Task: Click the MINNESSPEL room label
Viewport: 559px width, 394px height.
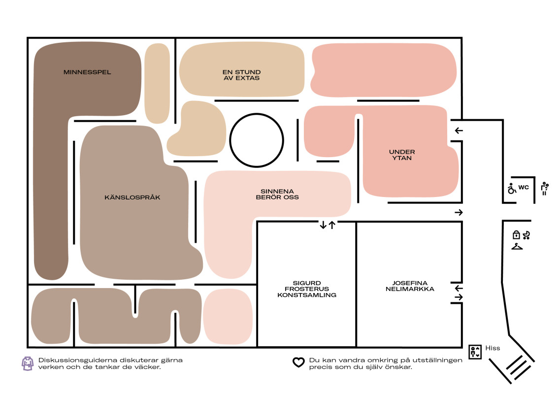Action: pyautogui.click(x=87, y=72)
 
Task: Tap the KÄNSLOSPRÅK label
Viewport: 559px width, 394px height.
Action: pyautogui.click(x=132, y=197)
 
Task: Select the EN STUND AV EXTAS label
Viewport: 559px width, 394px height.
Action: pyautogui.click(x=242, y=75)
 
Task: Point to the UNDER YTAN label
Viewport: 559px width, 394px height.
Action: pyautogui.click(x=402, y=155)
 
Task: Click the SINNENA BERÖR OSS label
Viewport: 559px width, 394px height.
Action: pyautogui.click(x=277, y=194)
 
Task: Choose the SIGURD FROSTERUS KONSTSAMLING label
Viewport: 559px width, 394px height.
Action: pyautogui.click(x=307, y=289)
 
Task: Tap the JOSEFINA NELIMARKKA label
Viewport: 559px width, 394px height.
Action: pyautogui.click(x=410, y=286)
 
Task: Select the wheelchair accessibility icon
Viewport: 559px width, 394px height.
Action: pyautogui.click(x=512, y=188)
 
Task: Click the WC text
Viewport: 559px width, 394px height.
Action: pyautogui.click(x=524, y=187)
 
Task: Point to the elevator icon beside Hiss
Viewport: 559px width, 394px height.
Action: pyautogui.click(x=475, y=352)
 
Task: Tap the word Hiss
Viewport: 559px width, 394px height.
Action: pyautogui.click(x=493, y=348)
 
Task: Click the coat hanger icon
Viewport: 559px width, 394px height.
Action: pyautogui.click(x=517, y=246)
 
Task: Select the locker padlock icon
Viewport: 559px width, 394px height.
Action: pyautogui.click(x=516, y=234)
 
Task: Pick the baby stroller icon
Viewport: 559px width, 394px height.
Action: pyautogui.click(x=526, y=235)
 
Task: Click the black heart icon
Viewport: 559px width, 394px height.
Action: pyautogui.click(x=299, y=362)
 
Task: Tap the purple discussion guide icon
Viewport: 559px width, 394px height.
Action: pyautogui.click(x=28, y=363)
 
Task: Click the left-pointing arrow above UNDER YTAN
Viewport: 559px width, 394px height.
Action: pyautogui.click(x=459, y=131)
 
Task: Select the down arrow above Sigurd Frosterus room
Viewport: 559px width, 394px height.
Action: pyautogui.click(x=323, y=225)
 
